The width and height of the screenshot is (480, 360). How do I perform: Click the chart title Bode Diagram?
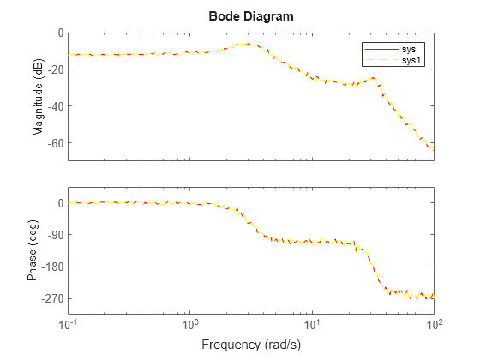(251, 16)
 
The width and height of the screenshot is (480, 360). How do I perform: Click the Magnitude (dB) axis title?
(39, 96)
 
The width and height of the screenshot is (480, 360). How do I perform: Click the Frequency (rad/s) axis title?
(250, 345)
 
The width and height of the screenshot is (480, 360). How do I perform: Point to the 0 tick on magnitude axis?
(60, 33)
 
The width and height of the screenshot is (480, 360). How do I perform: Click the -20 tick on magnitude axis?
(56, 69)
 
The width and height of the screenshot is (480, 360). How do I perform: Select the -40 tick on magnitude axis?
(56, 106)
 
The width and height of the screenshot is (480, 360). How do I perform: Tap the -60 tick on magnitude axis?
(56, 142)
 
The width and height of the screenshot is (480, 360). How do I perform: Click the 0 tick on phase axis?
(60, 203)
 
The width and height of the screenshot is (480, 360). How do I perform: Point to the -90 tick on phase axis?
(56, 235)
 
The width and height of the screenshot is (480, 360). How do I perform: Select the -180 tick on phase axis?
(53, 267)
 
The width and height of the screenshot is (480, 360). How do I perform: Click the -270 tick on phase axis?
(53, 298)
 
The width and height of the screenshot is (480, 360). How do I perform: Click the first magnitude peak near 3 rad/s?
(249, 44)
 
